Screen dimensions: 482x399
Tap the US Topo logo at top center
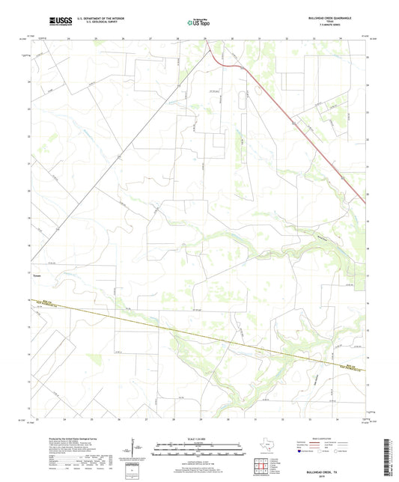click(x=198, y=23)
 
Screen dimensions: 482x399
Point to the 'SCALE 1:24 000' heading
click(x=198, y=438)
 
